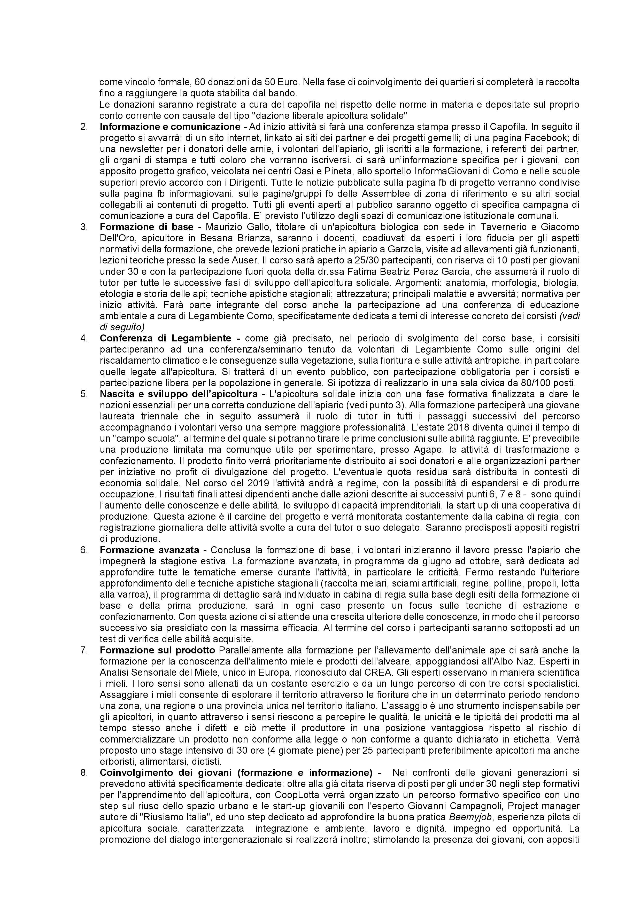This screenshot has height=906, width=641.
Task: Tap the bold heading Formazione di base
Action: click(146, 227)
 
